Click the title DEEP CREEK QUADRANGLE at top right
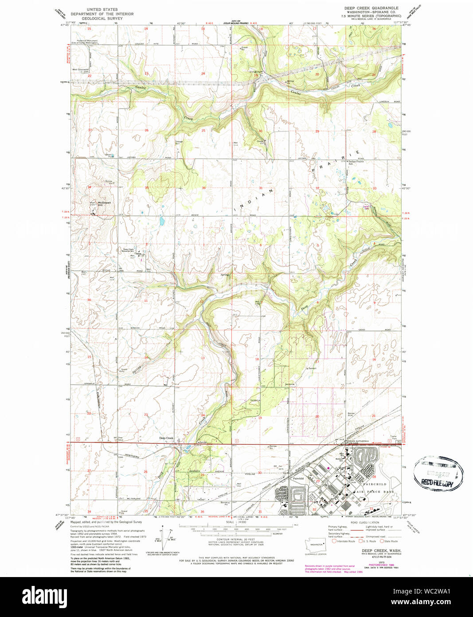click(x=371, y=8)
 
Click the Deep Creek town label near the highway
click(x=166, y=438)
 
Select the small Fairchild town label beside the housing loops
click(x=298, y=479)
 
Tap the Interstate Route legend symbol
click(x=334, y=541)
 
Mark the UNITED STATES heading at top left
click(x=102, y=9)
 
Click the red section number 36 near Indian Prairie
click(x=203, y=188)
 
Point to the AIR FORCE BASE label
click(x=375, y=492)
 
